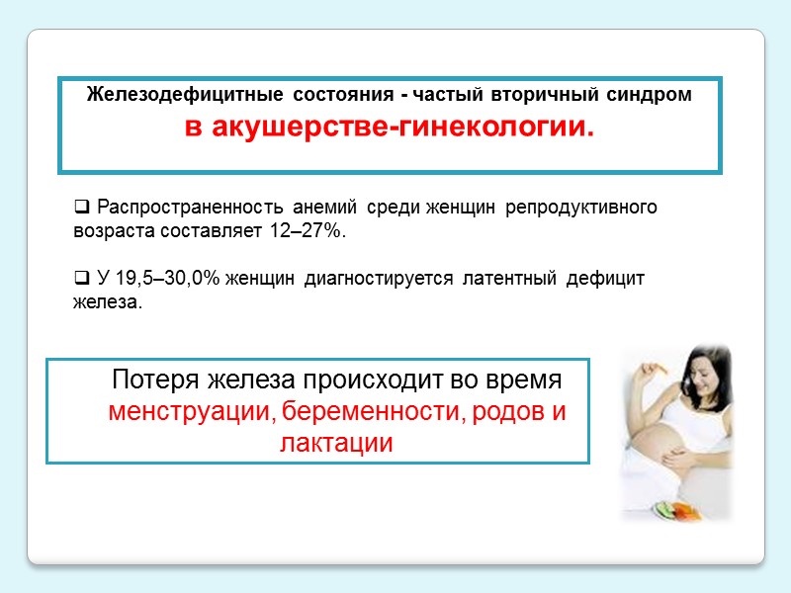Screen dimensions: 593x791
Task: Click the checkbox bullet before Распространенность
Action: tap(82, 209)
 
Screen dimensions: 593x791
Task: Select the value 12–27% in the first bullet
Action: tap(307, 231)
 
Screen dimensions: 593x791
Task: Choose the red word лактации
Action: tap(337, 444)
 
